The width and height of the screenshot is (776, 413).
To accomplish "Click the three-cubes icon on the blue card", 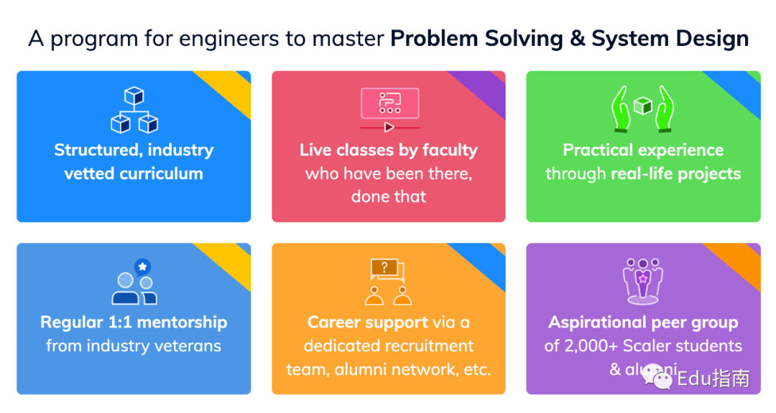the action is tap(134, 110).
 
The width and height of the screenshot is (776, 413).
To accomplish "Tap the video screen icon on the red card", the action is tap(390, 103).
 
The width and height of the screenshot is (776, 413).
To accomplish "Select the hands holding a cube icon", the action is tap(643, 108).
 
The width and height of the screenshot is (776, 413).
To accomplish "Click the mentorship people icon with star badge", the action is tap(134, 282).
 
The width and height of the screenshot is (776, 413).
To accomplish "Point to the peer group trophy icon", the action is tap(643, 281).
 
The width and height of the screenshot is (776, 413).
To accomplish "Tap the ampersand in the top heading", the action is tap(577, 39).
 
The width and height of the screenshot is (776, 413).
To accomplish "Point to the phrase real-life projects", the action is tap(676, 174).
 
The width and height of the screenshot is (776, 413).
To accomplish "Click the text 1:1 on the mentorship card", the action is tap(119, 322).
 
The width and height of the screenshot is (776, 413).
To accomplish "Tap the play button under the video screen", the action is tap(389, 128).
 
